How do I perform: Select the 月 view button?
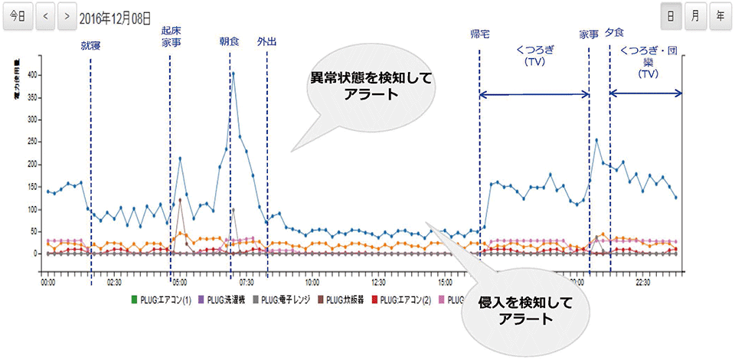click(695, 15)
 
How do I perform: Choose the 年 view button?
click(720, 15)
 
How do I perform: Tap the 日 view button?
click(671, 15)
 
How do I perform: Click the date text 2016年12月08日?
click(116, 15)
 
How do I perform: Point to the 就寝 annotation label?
click(90, 46)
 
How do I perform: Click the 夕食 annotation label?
click(614, 32)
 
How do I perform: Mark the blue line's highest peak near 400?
click(233, 74)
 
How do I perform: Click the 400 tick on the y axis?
click(32, 75)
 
